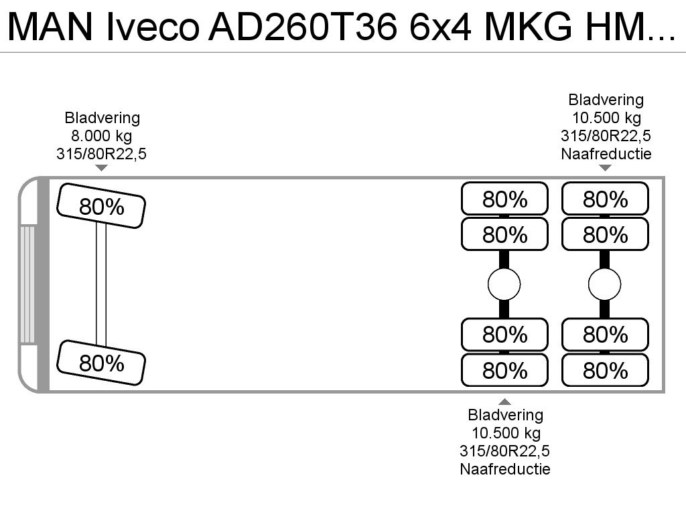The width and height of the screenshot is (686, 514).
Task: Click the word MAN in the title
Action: [51, 26]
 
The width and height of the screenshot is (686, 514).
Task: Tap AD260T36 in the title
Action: [303, 26]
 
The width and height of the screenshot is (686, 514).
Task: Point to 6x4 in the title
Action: [441, 26]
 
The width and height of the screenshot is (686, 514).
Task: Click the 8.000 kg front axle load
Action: [102, 136]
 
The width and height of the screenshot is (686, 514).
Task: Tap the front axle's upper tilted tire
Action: [101, 206]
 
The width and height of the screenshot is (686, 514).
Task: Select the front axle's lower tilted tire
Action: [101, 363]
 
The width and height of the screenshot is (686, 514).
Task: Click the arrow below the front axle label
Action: [102, 168]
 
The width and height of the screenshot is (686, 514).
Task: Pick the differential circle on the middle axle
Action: [504, 284]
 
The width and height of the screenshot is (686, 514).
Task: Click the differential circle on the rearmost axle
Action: [605, 284]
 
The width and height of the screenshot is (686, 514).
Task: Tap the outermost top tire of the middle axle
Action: [504, 199]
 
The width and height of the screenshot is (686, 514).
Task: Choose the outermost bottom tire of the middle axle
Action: [504, 370]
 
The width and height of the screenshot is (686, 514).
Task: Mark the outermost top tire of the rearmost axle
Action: [605, 199]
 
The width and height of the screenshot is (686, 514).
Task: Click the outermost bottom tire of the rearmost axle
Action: [605, 370]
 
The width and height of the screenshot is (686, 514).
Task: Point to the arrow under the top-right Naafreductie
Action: [605, 168]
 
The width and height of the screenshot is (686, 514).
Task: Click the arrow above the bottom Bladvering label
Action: [505, 402]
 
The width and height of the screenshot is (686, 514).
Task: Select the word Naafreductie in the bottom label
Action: [505, 469]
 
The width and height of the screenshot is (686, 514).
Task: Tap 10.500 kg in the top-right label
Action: [606, 118]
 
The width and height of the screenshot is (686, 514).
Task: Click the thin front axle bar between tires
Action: [101, 284]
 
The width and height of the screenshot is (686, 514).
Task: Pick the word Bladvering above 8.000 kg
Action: [102, 118]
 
